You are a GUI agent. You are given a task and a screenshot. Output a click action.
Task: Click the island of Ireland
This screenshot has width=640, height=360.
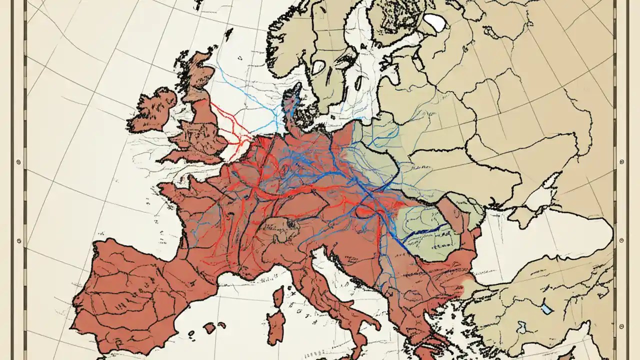(x=152, y=109)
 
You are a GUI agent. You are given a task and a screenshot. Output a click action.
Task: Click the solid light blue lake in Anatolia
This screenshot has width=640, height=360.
(x=547, y=309)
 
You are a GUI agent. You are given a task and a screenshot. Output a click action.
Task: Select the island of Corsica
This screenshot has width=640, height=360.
(x=278, y=297)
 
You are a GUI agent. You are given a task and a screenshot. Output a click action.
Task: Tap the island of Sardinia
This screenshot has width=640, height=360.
(x=275, y=325)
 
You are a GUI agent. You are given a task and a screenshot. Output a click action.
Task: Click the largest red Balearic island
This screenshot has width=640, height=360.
(x=209, y=327)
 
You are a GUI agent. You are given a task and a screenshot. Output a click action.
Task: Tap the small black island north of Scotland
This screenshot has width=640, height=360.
(x=228, y=33)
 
